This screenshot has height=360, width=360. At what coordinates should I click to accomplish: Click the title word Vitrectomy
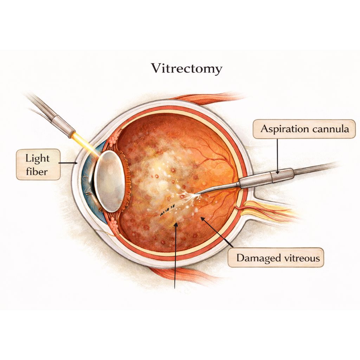point(187,68)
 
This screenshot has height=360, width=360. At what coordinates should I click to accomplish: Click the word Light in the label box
point(37,159)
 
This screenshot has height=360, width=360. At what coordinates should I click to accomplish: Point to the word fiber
point(37,171)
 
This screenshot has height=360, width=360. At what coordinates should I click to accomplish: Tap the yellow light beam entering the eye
point(86,144)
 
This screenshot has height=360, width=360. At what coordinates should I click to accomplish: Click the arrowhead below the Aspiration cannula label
point(277,172)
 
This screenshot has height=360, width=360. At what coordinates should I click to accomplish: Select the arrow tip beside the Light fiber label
point(76,163)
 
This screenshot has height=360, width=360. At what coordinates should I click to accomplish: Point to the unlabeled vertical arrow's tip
point(176,224)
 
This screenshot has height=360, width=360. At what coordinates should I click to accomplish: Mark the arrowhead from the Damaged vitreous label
point(202,218)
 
